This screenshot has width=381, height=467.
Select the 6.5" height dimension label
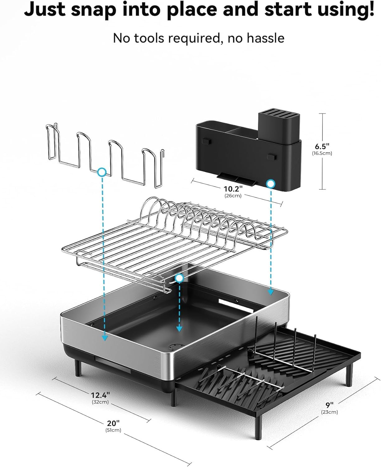(x=322, y=146)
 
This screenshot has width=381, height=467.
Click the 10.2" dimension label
(x=233, y=189)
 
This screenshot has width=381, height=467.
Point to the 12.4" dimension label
(x=100, y=395)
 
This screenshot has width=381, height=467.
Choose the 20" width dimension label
(x=113, y=423)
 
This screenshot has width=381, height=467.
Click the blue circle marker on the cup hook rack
(x=102, y=172)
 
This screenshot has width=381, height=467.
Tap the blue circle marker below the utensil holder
(x=271, y=184)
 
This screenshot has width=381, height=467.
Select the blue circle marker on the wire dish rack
(x=179, y=278)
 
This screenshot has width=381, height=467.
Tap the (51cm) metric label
(x=113, y=430)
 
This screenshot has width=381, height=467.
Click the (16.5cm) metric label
(x=322, y=153)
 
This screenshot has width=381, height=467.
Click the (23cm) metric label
(x=329, y=412)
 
